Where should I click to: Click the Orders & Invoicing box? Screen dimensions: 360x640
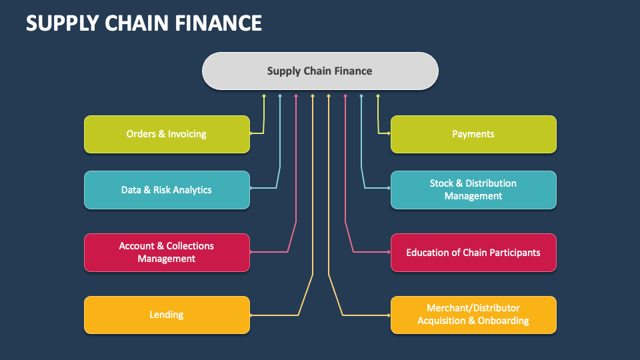(x=167, y=134)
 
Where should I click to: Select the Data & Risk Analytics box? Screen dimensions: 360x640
(x=167, y=190)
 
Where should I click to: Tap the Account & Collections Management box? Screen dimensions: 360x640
(x=167, y=252)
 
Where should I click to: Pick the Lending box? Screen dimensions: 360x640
(x=167, y=315)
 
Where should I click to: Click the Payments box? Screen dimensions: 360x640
(x=473, y=134)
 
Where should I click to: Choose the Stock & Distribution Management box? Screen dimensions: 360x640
(x=473, y=189)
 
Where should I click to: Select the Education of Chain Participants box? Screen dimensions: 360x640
(x=473, y=253)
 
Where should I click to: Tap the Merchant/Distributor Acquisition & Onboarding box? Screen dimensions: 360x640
(x=473, y=315)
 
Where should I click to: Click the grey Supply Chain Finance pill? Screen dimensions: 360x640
(x=320, y=71)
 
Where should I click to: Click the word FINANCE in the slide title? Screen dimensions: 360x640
(x=220, y=23)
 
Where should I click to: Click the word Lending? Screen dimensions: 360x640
(x=167, y=315)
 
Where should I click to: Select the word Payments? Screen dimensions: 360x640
(x=473, y=134)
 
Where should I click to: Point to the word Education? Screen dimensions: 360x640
(x=429, y=253)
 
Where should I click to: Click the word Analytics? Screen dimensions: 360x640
(x=193, y=190)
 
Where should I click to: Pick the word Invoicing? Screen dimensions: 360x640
(x=187, y=134)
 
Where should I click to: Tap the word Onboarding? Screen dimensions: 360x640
(x=503, y=321)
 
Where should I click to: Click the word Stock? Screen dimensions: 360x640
(x=441, y=183)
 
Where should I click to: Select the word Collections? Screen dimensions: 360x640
(x=190, y=246)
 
